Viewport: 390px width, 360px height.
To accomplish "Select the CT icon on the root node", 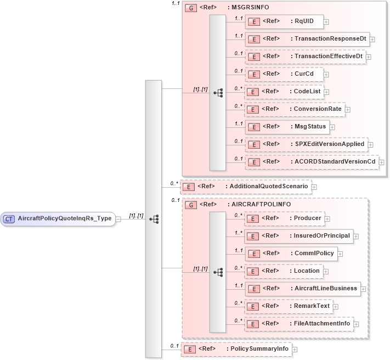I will [9, 218].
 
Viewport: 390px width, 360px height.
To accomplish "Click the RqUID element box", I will [285, 21].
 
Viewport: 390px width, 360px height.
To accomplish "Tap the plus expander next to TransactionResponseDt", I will [372, 40].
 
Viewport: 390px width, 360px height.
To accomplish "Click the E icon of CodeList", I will [253, 92].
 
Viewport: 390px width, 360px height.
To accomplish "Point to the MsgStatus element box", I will [288, 127].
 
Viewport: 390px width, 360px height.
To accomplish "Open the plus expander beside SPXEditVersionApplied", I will [371, 145].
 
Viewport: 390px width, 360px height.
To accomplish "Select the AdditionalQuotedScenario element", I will [246, 187].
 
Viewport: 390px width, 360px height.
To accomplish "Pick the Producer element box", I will [285, 218].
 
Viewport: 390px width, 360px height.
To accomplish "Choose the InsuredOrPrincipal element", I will [299, 236].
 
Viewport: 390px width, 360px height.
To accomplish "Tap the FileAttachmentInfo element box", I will [299, 324].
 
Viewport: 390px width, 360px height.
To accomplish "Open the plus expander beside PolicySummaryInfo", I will [295, 349].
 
